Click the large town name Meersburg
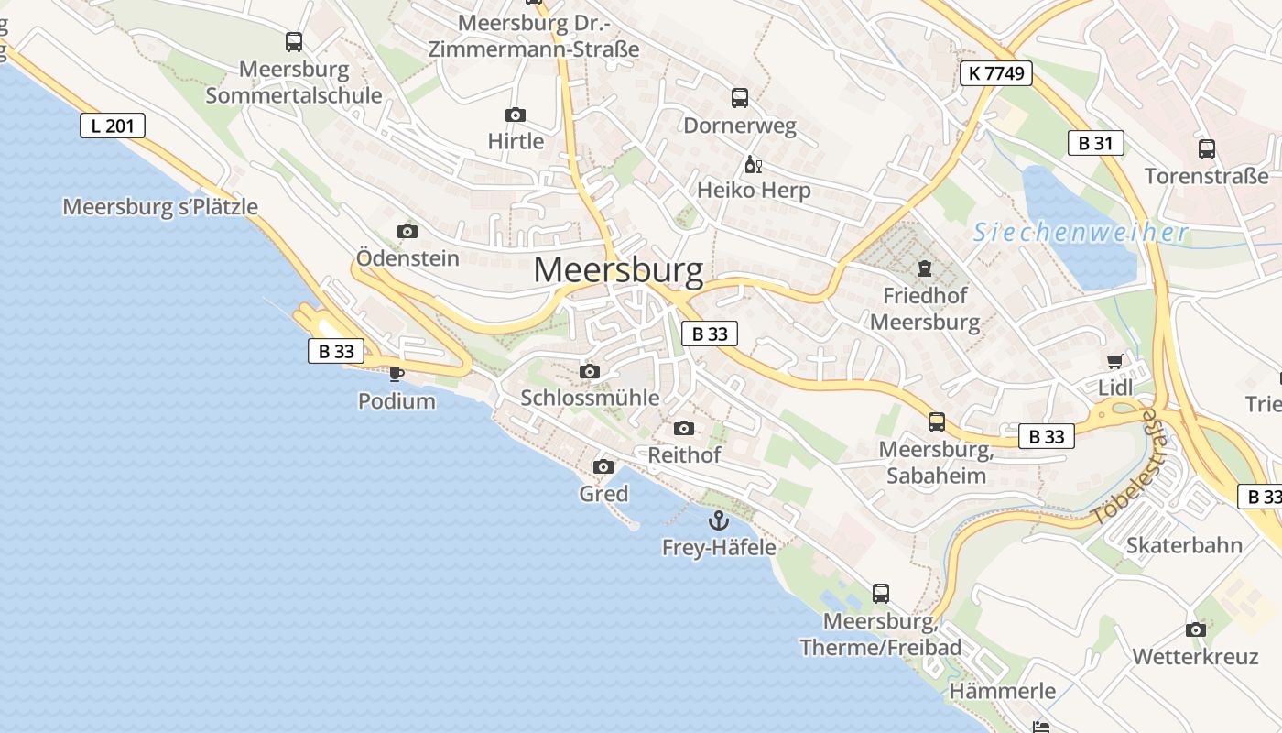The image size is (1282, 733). (618, 270)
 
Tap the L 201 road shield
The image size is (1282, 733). (113, 126)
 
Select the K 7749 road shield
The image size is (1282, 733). (996, 73)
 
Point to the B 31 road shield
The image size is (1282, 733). (1095, 143)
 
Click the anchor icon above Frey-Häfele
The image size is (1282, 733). (720, 521)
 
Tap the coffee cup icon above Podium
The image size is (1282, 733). (397, 374)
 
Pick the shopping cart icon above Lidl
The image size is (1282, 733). (1114, 362)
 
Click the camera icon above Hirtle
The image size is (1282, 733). (516, 115)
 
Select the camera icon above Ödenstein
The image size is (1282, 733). (407, 231)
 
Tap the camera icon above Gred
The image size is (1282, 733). (603, 467)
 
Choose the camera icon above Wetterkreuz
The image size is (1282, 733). (1195, 629)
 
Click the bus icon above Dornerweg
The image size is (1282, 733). (740, 98)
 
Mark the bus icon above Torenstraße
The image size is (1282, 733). (1207, 148)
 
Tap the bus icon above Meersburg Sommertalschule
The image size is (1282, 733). (293, 42)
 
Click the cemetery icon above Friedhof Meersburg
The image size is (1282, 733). (924, 269)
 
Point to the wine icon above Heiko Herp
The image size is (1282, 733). (753, 165)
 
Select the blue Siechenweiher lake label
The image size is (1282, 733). (1081, 233)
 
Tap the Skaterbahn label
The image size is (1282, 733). (1184, 545)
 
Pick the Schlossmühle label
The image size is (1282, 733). (590, 398)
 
